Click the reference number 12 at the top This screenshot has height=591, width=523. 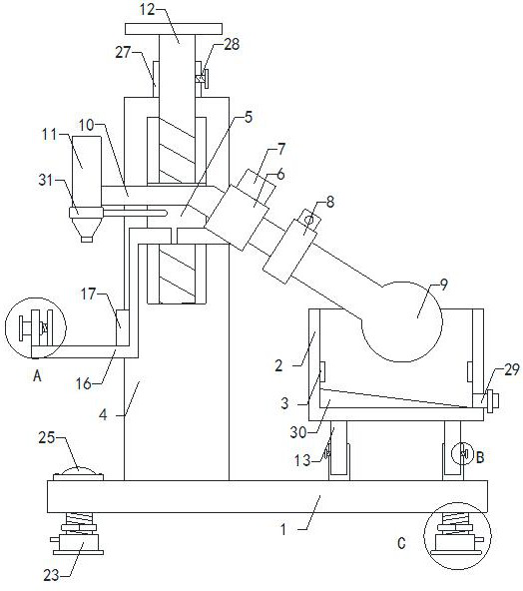coord(148,9)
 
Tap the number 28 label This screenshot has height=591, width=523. coord(232,44)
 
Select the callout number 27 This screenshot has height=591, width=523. coord(123,52)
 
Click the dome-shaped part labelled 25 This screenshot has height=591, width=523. coord(79,471)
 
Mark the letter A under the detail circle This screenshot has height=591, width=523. coord(37,375)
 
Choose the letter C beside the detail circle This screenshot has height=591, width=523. coord(401,543)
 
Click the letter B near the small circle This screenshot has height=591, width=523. coord(480,458)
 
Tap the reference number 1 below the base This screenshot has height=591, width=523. coord(283,529)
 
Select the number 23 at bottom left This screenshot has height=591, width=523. coord(51,576)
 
